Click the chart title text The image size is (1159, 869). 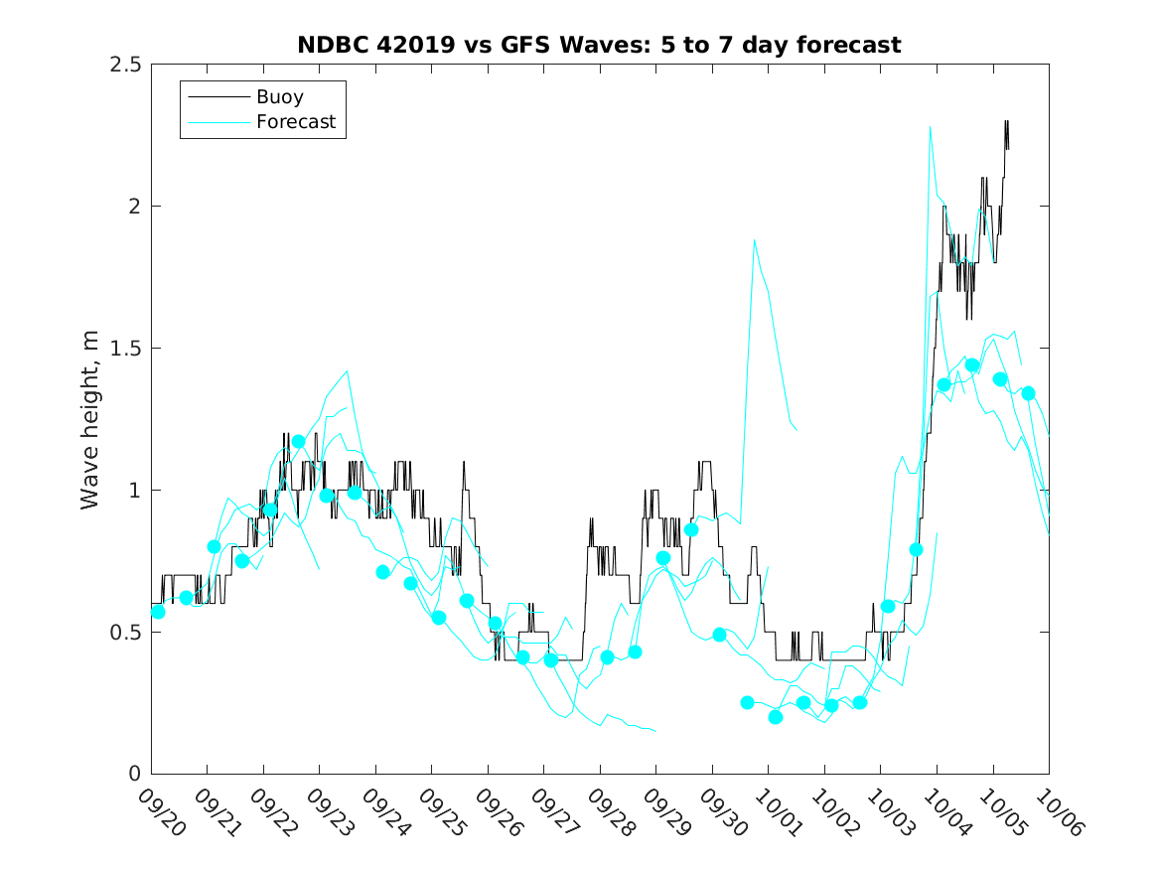pyautogui.click(x=599, y=46)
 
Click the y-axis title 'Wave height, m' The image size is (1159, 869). pyautogui.click(x=90, y=418)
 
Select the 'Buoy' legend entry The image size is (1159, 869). pyautogui.click(x=280, y=97)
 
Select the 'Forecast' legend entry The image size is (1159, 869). pyautogui.click(x=296, y=123)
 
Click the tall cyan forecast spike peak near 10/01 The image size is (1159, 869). pyautogui.click(x=755, y=240)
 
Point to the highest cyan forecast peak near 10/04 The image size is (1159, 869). pyautogui.click(x=930, y=127)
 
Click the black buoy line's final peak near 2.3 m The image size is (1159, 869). pyautogui.click(x=1007, y=121)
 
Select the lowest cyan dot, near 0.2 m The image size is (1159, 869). pyautogui.click(x=776, y=717)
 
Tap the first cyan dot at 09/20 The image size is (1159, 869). pyautogui.click(x=158, y=612)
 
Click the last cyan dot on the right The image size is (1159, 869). pyautogui.click(x=1029, y=393)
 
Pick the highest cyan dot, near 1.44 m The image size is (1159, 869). pyautogui.click(x=972, y=365)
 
